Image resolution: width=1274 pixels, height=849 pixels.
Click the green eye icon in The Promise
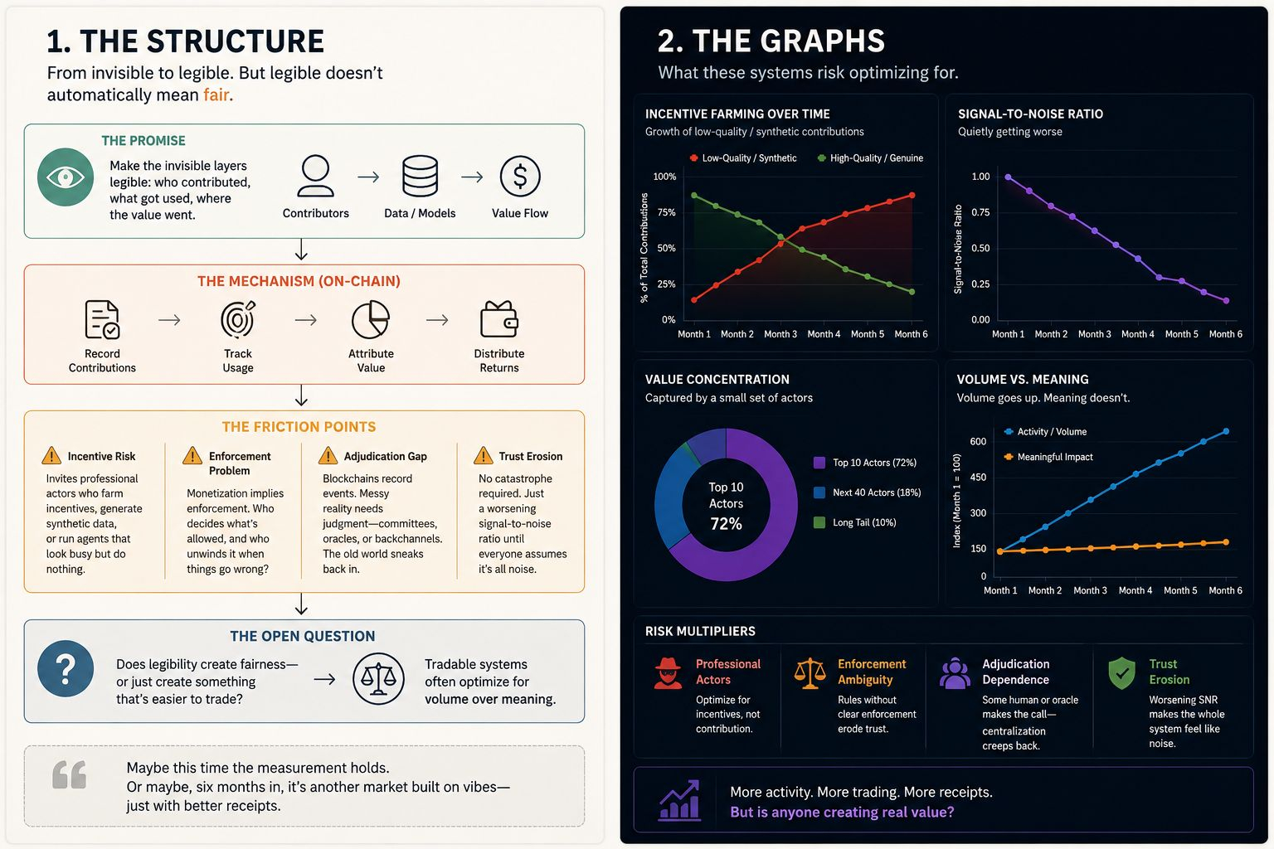pos(66,177)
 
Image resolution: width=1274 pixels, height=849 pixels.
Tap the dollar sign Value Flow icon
pos(520,177)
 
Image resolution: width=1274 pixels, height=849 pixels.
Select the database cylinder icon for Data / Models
pos(420,177)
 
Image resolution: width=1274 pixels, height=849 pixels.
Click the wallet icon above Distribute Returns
pos(498,319)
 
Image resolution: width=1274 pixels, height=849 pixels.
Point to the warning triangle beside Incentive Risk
pos(51,455)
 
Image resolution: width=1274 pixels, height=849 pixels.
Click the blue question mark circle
pos(66,669)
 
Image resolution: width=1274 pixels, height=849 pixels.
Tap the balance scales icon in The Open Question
pos(378,679)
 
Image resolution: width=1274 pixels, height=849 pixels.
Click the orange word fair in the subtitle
pos(216,95)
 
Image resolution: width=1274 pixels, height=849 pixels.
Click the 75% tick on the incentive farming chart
pos(666,213)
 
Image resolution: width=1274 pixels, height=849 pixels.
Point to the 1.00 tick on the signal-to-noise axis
pos(980,177)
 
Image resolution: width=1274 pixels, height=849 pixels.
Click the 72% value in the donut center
pos(726,524)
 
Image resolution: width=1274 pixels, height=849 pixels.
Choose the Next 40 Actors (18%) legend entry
pos(868,492)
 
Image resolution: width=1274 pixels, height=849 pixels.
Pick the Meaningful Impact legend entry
pos(1048,457)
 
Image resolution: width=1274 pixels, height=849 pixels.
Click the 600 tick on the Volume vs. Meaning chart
pos(978,442)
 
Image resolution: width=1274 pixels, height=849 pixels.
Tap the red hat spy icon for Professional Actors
pos(668,673)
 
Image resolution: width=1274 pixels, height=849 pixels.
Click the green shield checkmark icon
pos(1121,673)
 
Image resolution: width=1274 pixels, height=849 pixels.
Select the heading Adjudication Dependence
pos(1016,672)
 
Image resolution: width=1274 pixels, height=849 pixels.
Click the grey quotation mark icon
pos(70,774)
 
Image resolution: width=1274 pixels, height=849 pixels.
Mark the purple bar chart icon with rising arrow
pos(679,800)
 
